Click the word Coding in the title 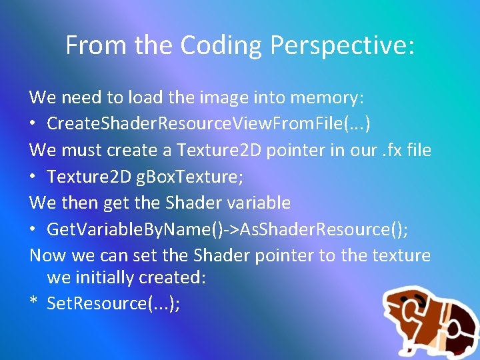pos(213,45)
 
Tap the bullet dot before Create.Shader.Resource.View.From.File pos(34,124)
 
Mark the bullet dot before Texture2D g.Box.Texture pos(34,177)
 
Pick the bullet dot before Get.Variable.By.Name pos(34,230)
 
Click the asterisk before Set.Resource pos(33,303)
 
